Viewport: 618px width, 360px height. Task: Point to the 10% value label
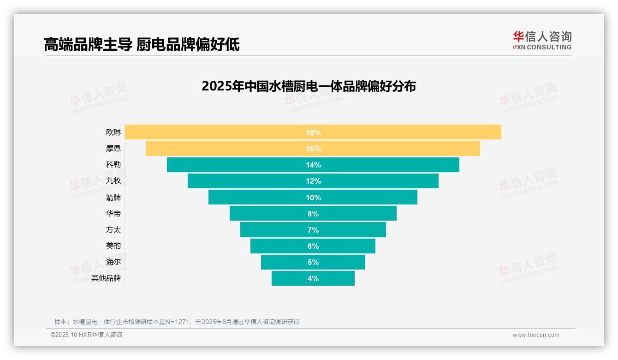tap(313, 198)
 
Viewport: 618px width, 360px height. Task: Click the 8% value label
tap(313, 214)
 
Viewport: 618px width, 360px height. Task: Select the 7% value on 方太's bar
tap(313, 230)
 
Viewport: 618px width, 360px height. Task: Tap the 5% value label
tap(313, 262)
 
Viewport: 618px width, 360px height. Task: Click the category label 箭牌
tap(113, 198)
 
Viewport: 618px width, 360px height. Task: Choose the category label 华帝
tap(113, 214)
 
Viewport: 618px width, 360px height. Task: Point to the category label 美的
tap(113, 246)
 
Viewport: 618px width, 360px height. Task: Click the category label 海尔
tap(113, 262)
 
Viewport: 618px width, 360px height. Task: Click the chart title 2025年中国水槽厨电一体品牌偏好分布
tap(309, 86)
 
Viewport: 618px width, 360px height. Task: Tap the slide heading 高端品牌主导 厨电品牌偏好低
tap(142, 45)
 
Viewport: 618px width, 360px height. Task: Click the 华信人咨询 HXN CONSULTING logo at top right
tap(542, 41)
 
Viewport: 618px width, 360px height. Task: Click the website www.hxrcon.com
tap(536, 335)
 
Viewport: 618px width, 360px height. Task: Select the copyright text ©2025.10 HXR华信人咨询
tap(86, 335)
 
